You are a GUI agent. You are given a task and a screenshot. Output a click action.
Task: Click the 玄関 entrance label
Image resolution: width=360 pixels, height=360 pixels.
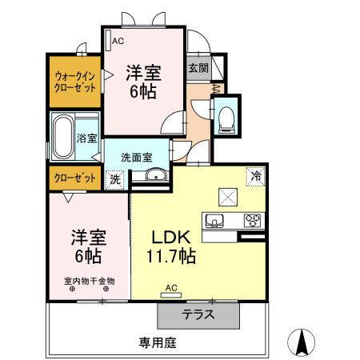198,68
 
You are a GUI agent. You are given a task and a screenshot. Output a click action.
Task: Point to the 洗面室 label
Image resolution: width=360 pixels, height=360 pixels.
137,157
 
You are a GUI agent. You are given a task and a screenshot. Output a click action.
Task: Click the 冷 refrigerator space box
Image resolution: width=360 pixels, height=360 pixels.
257,175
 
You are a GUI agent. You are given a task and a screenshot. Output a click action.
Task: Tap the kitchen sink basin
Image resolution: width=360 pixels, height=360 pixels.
218,220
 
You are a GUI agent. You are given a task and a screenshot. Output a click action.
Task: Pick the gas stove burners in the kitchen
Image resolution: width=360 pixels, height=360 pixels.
254,220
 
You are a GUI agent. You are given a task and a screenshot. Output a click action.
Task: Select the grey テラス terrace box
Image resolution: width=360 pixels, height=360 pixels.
198,314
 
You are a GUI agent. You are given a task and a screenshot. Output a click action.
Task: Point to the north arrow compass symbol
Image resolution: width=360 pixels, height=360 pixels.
302,342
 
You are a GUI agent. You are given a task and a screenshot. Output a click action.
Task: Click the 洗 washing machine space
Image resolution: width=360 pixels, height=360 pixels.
116,180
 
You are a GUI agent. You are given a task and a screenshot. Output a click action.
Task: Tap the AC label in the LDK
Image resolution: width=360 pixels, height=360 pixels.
171,287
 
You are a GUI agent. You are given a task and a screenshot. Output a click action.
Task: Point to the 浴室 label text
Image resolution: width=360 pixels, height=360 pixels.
87,138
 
